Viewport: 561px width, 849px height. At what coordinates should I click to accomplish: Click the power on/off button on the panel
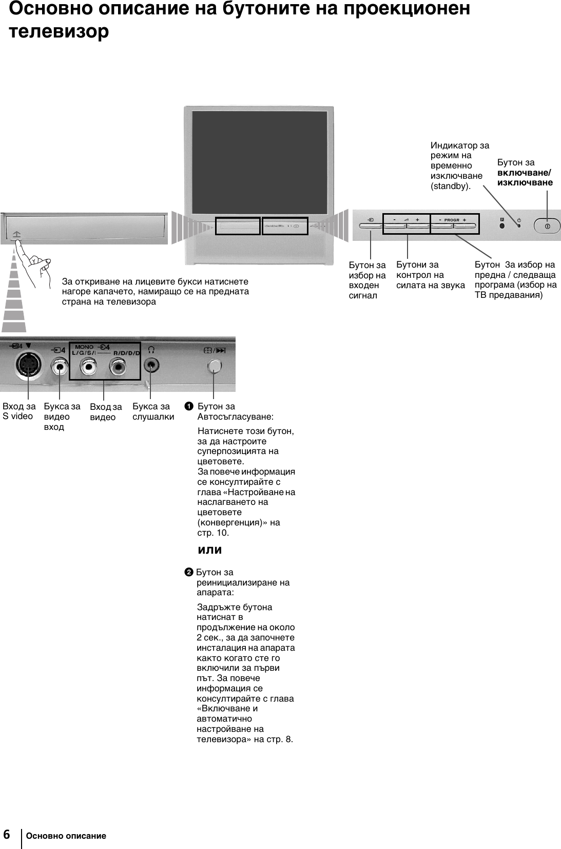click(x=547, y=226)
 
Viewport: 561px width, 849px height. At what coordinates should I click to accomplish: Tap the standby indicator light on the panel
click(x=519, y=225)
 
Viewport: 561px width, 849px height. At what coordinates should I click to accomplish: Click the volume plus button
click(x=418, y=225)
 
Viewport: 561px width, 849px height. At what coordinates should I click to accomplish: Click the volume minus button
click(x=395, y=225)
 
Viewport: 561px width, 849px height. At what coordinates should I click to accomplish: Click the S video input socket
click(x=26, y=366)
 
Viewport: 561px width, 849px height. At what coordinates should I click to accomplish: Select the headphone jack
click(x=151, y=366)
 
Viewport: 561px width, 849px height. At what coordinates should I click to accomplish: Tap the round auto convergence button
click(x=214, y=366)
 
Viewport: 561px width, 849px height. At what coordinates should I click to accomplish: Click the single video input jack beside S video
click(x=60, y=366)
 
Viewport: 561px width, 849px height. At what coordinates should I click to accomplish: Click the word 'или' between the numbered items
click(x=209, y=550)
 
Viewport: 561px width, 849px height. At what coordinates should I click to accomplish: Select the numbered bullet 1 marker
click(x=189, y=407)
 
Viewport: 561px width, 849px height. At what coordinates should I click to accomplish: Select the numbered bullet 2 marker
click(x=189, y=572)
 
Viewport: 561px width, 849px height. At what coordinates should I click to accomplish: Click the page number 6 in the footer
click(x=7, y=835)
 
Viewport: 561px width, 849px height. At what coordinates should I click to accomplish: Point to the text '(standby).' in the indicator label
click(x=450, y=186)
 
